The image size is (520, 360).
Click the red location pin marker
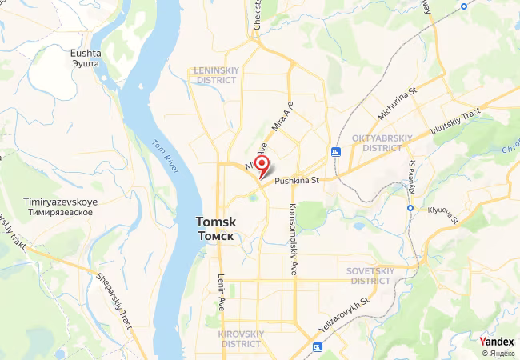pos(261,165)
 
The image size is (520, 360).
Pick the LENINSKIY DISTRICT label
pos(216,75)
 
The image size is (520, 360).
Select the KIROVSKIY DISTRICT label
pos(240,338)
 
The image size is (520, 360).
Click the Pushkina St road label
pos(297,181)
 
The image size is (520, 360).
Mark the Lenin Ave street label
pos(222,293)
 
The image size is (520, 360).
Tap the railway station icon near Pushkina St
pos(335,151)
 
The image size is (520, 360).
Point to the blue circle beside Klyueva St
pos(410,208)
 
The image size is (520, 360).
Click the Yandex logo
pos(496,342)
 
